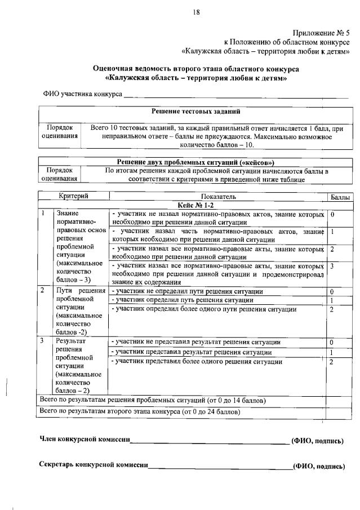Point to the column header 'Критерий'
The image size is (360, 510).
pos(74,196)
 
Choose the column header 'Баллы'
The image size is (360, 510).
pos(340,197)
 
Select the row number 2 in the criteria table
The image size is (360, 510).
pos(42,290)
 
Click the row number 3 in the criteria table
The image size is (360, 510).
pos(42,341)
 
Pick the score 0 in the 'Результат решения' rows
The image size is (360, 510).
pos(332,343)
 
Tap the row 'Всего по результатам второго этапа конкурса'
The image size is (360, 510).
pos(138,412)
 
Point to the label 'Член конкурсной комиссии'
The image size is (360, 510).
pos(85,440)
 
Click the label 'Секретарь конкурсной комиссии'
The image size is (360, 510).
pos(94,465)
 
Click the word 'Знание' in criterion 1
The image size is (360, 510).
pos(68,214)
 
